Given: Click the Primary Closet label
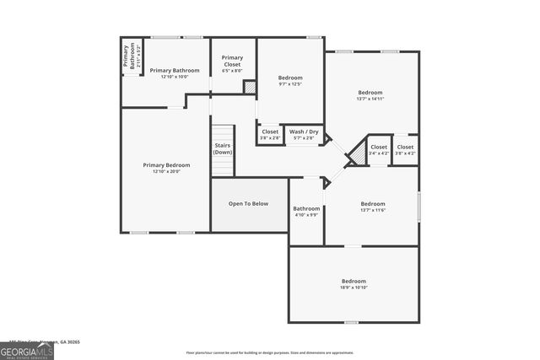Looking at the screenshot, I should (232, 61).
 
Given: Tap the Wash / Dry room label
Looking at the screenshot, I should (304, 132).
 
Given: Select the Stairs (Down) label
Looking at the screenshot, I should (222, 148).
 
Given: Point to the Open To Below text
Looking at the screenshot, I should (249, 203).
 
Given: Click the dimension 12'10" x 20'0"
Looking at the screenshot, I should (166, 172).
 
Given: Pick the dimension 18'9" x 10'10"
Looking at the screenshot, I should (354, 287).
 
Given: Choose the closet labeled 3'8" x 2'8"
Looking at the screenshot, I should (270, 135).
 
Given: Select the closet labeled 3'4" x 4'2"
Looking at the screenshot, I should (380, 150).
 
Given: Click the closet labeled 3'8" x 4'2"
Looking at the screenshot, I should (405, 150).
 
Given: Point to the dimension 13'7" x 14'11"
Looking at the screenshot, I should (370, 99).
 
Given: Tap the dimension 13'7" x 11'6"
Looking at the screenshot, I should (372, 210).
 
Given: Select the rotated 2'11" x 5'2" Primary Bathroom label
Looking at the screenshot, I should (131, 55).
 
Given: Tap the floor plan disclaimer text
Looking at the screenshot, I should (270, 352).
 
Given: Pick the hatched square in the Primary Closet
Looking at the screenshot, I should (250, 87).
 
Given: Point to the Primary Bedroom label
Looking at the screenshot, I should (166, 165).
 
